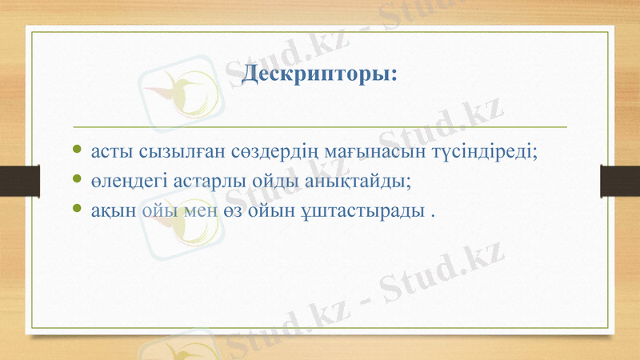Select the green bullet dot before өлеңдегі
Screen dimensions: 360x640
click(76, 180)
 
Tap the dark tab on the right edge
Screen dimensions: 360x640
click(620, 180)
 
